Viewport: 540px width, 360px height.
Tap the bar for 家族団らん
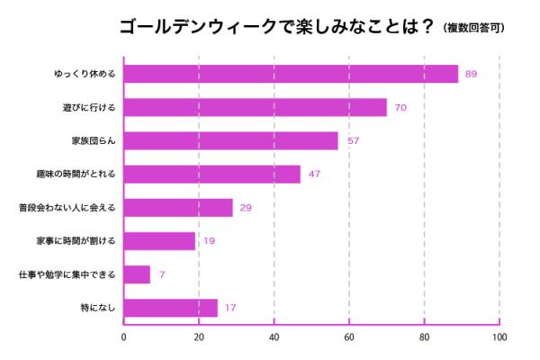coord(230,140)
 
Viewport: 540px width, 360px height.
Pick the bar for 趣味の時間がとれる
coord(211,174)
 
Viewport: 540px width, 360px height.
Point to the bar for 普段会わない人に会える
coord(178,208)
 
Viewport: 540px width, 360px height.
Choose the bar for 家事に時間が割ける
coord(159,241)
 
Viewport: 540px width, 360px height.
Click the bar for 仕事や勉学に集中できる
coord(137,274)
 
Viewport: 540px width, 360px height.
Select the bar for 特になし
coord(170,308)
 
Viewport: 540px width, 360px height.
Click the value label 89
coord(470,74)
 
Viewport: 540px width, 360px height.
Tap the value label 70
coord(400,108)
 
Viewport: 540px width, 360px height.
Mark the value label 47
coord(314,175)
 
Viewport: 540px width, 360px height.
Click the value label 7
coord(162,275)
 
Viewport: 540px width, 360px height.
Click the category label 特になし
coord(96,309)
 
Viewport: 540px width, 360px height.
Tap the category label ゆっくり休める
coord(85,74)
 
